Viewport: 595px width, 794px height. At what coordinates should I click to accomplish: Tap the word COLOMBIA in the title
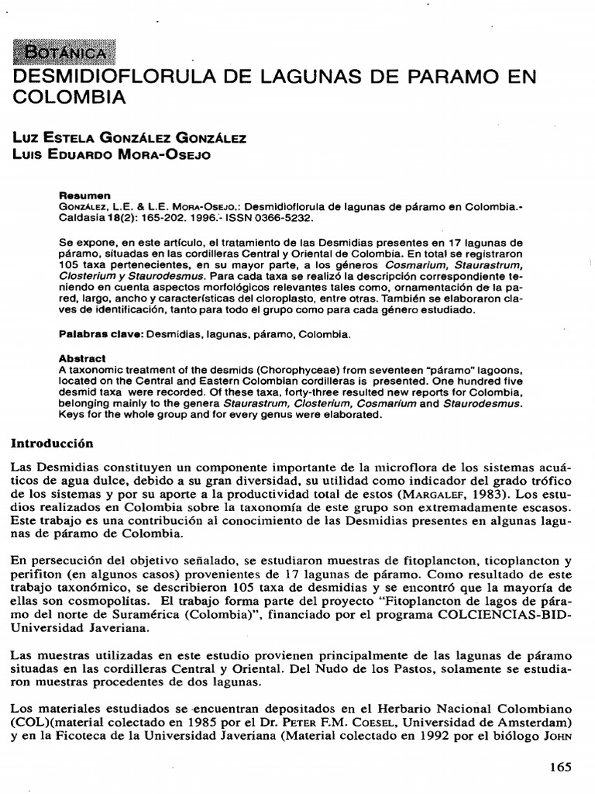coord(69,98)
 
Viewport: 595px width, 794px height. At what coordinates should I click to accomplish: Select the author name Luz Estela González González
coord(130,139)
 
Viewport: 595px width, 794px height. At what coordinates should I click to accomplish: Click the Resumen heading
coord(85,195)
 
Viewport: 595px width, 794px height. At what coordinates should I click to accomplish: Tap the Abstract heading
coord(83,360)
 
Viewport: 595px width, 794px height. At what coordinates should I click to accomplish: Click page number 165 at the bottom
coord(559,767)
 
